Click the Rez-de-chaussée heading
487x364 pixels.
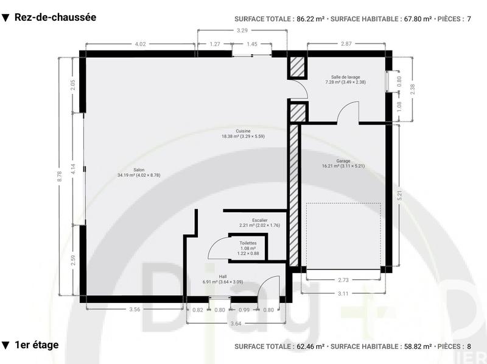pyautogui.click(x=55, y=18)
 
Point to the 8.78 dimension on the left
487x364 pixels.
pyautogui.click(x=60, y=176)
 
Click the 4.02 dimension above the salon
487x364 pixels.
pyautogui.click(x=140, y=44)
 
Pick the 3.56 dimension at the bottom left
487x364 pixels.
pyautogui.click(x=135, y=310)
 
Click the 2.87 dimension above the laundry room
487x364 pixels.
pyautogui.click(x=346, y=44)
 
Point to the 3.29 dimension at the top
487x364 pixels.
pyautogui.click(x=242, y=30)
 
